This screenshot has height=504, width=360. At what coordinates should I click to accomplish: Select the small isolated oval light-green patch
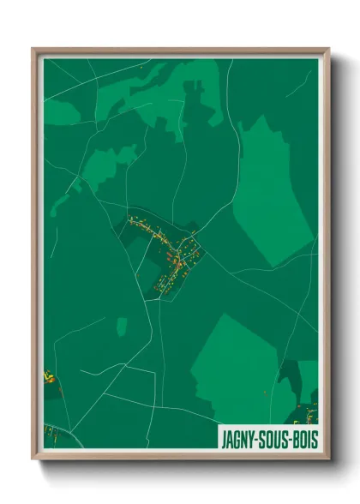tap(122, 326)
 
